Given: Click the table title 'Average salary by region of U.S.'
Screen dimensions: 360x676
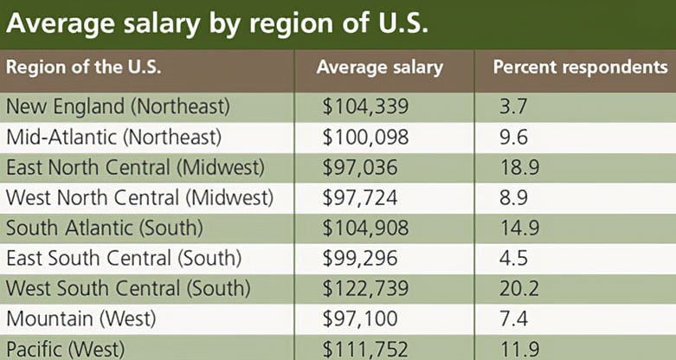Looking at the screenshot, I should (x=217, y=23).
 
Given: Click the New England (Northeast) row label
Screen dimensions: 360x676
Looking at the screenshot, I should (x=119, y=106).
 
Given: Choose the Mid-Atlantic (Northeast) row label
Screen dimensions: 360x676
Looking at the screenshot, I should (x=114, y=137).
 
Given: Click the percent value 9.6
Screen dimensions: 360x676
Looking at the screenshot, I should (x=513, y=137).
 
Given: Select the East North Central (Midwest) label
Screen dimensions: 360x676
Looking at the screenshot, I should (x=134, y=167).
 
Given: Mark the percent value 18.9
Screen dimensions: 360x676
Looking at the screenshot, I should (x=517, y=167).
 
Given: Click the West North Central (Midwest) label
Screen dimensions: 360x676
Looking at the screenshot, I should (x=139, y=197).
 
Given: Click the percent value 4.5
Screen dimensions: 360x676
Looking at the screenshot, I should (x=513, y=258).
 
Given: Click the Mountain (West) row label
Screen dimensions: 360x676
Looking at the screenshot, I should (x=81, y=318).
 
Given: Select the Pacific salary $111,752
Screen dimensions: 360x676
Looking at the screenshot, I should (x=364, y=348).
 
